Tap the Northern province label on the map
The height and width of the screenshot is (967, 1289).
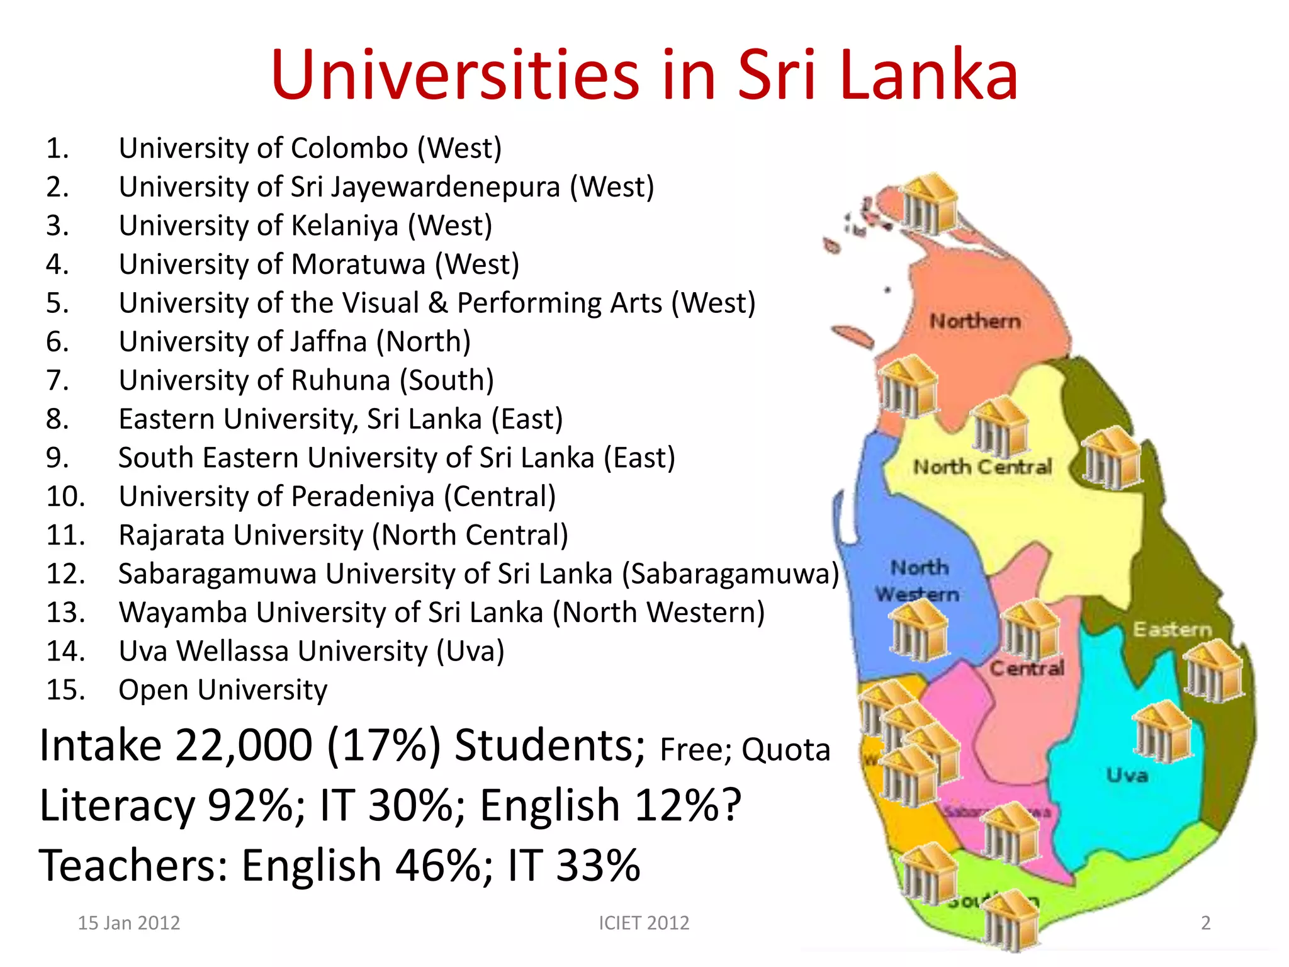point(975,321)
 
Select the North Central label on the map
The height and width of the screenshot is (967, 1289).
point(982,467)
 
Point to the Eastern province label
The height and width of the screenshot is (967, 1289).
point(1172,629)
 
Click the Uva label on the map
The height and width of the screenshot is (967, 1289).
point(1127,775)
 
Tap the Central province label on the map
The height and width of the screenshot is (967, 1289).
point(1027,668)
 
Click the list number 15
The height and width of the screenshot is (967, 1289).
point(65,690)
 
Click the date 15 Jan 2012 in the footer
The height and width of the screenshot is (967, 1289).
point(128,923)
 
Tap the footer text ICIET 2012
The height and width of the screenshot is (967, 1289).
point(644,923)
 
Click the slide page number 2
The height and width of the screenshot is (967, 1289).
point(1205,923)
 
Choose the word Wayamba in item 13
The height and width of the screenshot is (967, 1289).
point(183,613)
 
